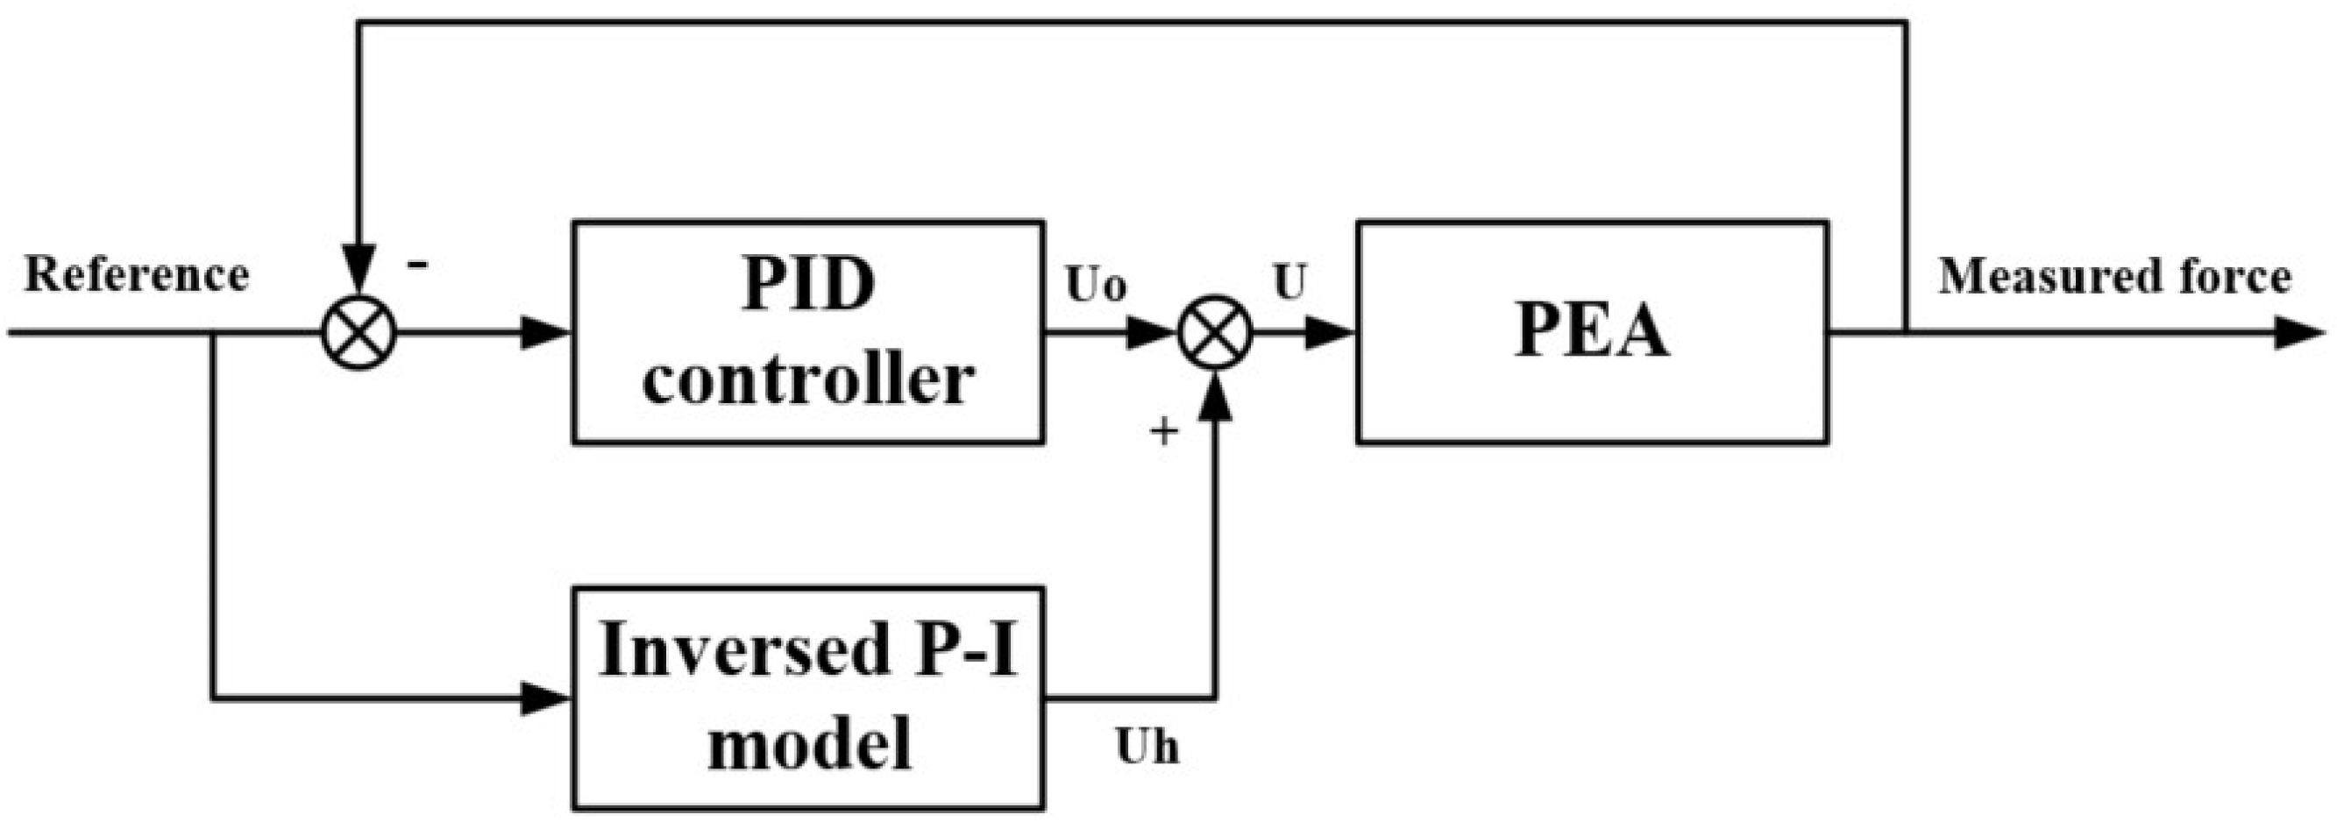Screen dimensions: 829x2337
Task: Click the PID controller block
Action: [x=807, y=332]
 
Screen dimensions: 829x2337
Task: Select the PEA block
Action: [x=1591, y=332]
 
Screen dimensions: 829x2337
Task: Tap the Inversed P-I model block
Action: [x=807, y=698]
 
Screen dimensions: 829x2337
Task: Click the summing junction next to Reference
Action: [x=359, y=332]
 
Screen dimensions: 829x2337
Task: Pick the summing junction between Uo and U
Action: [x=1215, y=332]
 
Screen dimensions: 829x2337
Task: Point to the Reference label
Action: [x=136, y=275]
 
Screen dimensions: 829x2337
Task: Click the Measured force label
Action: [x=2113, y=277]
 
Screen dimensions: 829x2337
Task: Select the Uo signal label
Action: [x=1096, y=285]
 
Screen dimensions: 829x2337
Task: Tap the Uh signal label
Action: [x=1147, y=748]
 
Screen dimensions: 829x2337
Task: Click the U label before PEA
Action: [x=1289, y=283]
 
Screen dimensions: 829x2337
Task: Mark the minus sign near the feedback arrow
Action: [x=418, y=265]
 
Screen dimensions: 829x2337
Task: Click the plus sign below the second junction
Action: [x=1163, y=432]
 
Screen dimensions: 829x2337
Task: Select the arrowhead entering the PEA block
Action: [x=1330, y=333]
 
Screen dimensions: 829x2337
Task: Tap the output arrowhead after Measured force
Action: [x=2301, y=333]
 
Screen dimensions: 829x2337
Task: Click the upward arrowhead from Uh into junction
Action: [x=1215, y=397]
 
